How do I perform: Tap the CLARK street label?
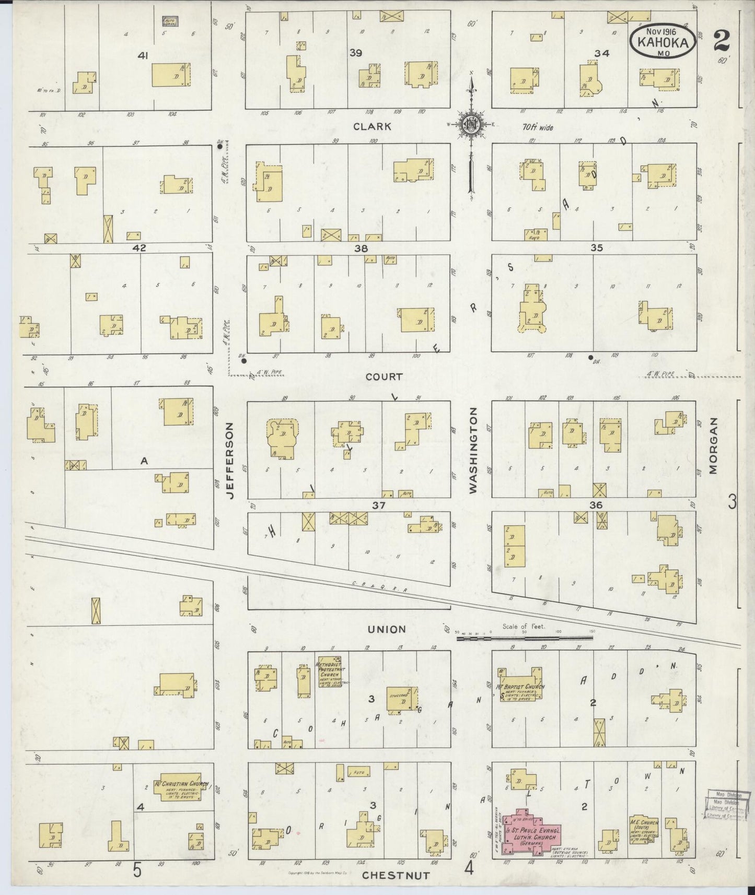point(371,126)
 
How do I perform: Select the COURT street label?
point(384,376)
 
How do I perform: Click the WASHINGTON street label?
point(473,451)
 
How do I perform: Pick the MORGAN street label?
point(713,446)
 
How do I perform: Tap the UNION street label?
point(387,629)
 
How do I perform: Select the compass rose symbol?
point(472,124)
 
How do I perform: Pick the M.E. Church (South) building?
point(644,829)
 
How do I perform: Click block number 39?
point(356,53)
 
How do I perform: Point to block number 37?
point(378,505)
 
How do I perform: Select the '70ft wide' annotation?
point(538,127)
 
